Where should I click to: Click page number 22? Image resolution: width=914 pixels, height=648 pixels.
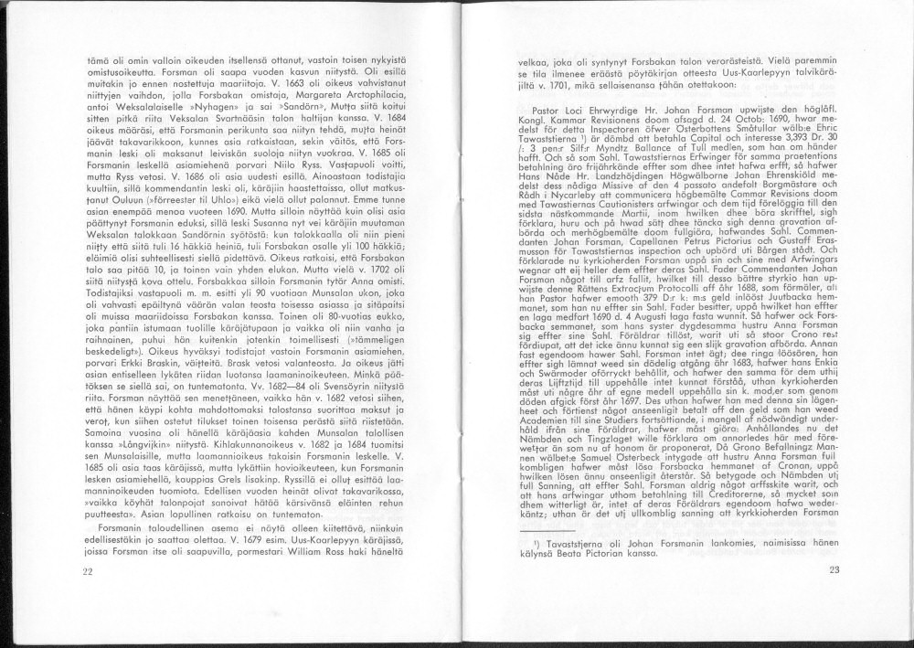click(88, 571)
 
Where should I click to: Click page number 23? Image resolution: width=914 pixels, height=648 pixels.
click(834, 571)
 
